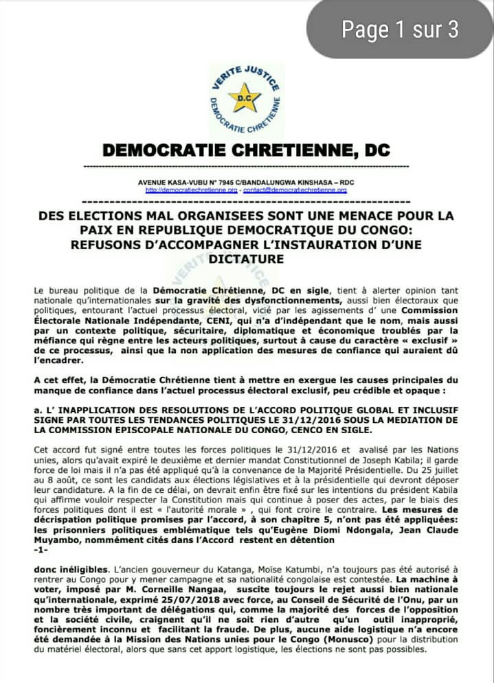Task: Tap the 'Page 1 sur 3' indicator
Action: click(x=400, y=29)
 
